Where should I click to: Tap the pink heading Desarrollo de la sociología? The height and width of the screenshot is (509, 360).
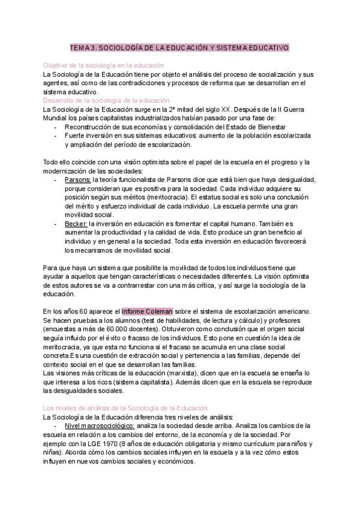pos(106,100)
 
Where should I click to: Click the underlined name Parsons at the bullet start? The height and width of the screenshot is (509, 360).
pos(77,179)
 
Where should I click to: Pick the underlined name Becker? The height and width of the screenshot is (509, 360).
pos(76,223)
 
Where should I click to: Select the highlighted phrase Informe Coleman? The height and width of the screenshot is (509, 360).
pos(148,311)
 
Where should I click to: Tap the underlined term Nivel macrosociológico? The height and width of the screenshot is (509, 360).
pos(99,425)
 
